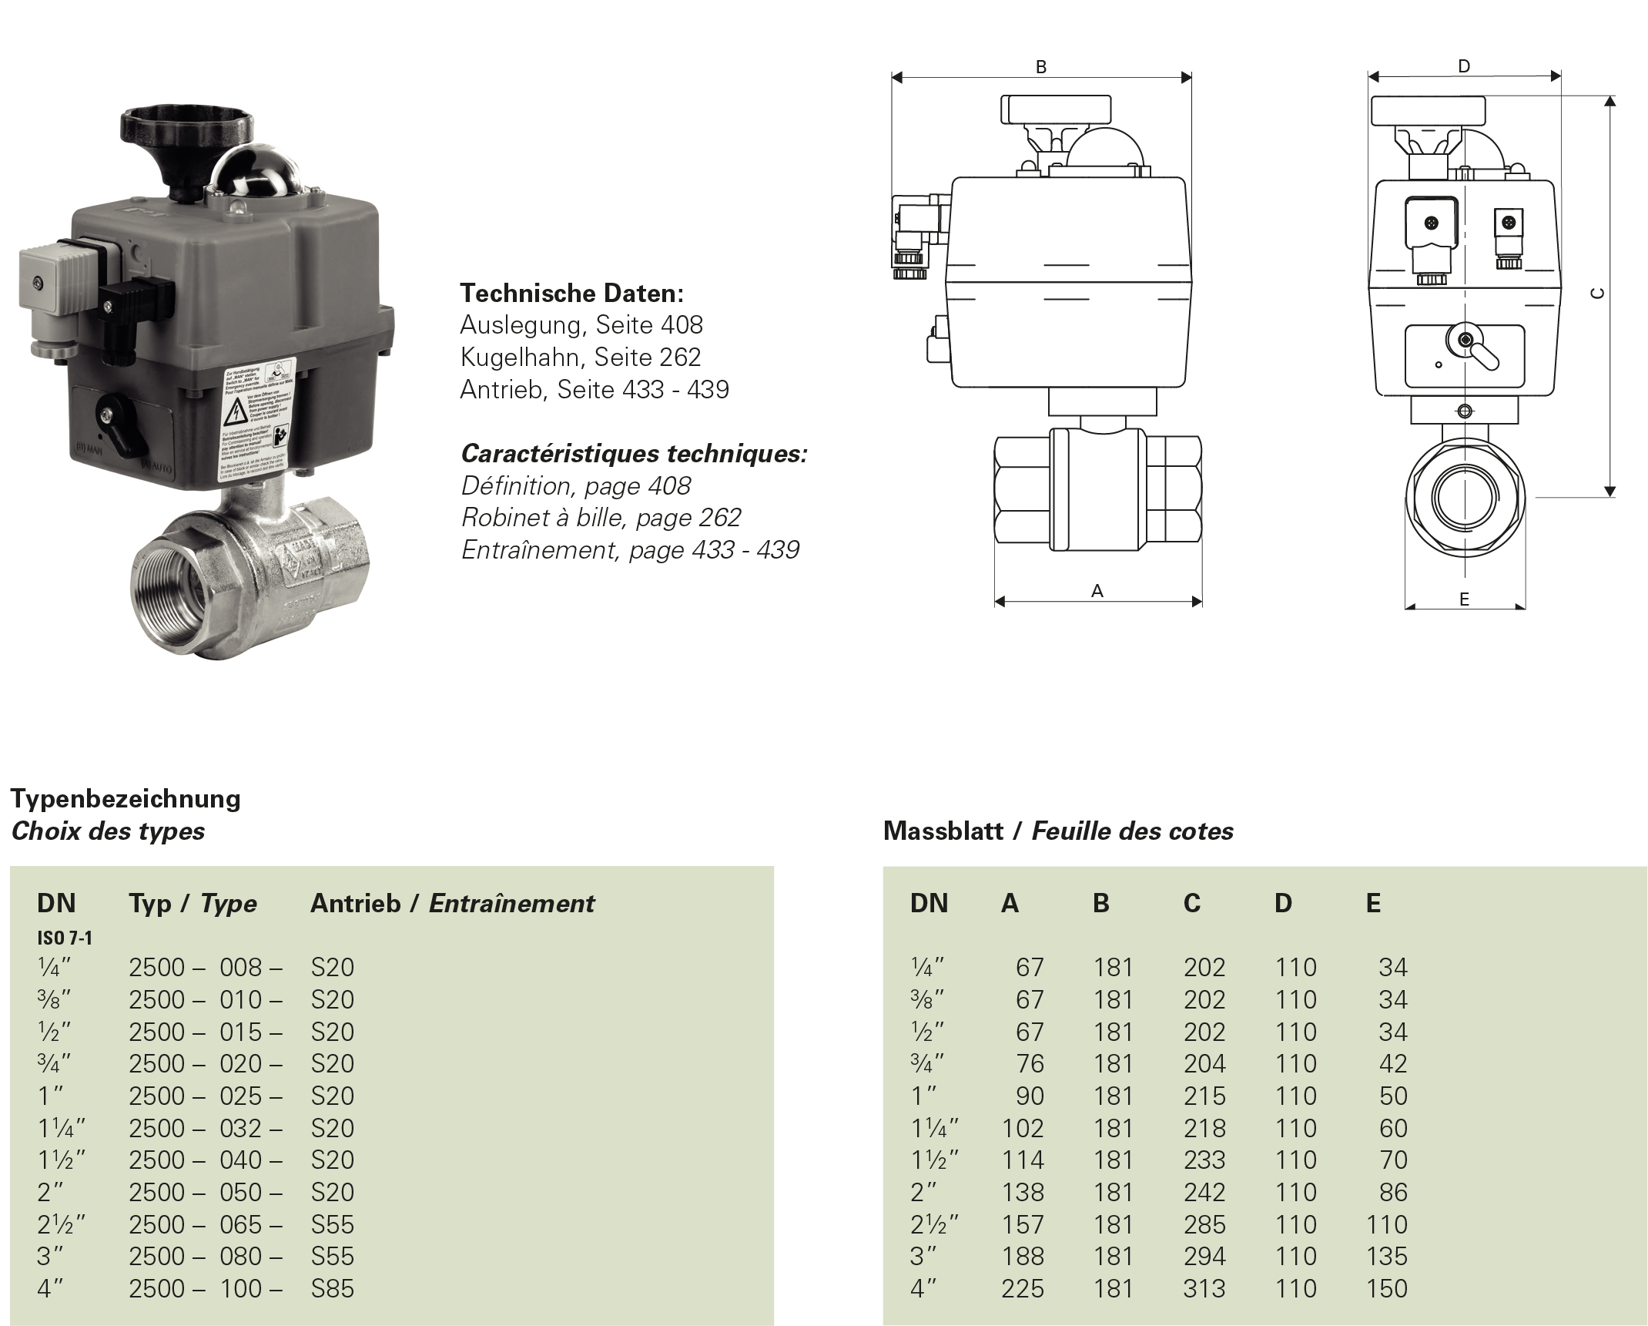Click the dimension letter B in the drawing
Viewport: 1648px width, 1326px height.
(x=1040, y=67)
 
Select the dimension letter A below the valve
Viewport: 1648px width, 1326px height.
(x=1097, y=590)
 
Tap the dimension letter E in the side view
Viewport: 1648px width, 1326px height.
(x=1464, y=599)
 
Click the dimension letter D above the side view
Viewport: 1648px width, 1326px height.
(x=1464, y=66)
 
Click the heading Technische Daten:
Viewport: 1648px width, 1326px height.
(x=571, y=293)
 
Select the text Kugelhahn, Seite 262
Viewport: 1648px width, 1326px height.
(x=580, y=357)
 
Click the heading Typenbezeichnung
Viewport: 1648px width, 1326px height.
(x=126, y=797)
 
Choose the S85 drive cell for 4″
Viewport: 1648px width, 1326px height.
(x=332, y=1287)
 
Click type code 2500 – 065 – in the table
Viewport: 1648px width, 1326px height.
(x=205, y=1224)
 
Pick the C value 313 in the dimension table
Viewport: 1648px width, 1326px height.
(x=1204, y=1287)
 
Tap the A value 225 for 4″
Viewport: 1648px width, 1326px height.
(x=1023, y=1287)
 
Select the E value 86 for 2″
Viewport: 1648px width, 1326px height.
(x=1392, y=1191)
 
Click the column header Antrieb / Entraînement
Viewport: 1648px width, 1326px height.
(x=452, y=903)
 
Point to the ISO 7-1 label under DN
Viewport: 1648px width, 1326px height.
(x=64, y=938)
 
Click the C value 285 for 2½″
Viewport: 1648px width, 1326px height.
(x=1204, y=1224)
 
